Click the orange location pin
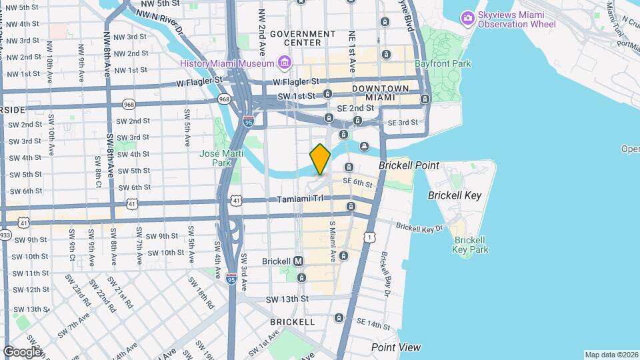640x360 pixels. (x=320, y=159)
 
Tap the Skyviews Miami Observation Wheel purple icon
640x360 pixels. (x=468, y=17)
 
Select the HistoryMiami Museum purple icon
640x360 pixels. (x=285, y=63)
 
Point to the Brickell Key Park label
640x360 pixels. (x=470, y=245)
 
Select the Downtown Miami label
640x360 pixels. (x=381, y=93)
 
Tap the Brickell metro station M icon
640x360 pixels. (x=298, y=261)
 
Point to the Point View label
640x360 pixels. (x=396, y=347)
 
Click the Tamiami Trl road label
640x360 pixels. (x=299, y=199)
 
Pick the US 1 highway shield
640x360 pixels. (x=369, y=237)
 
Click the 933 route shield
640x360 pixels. (x=5, y=235)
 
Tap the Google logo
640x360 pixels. (x=22, y=351)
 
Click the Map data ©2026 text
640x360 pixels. (x=611, y=355)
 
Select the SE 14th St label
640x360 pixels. (x=373, y=323)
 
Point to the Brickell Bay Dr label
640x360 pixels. (x=385, y=273)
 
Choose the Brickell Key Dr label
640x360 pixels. (x=419, y=227)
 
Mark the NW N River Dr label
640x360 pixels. (x=161, y=18)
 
